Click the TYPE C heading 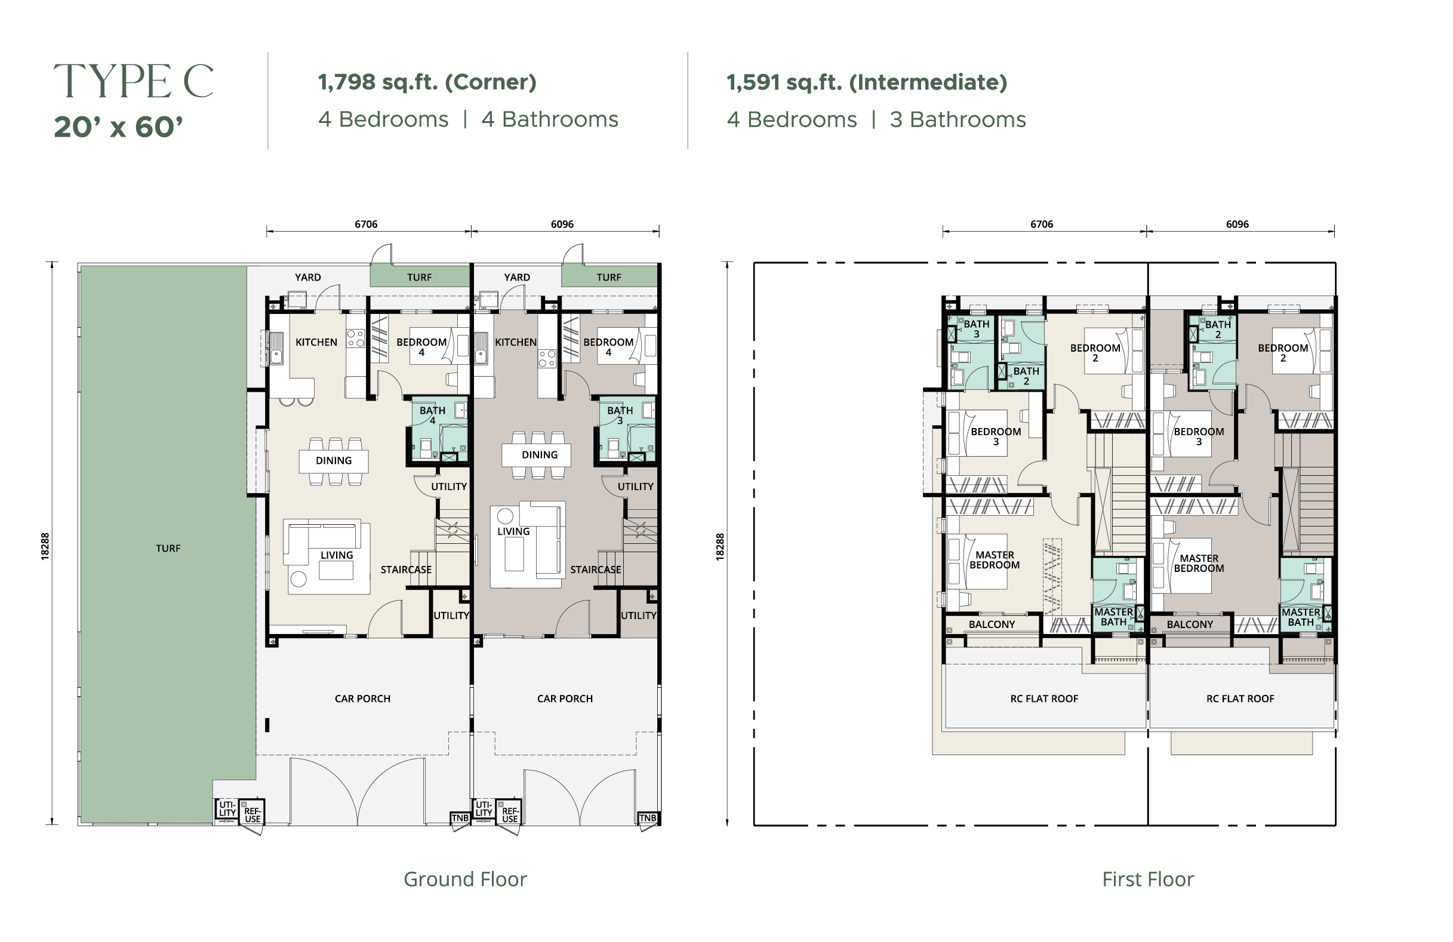[134, 81]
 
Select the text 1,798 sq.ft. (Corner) [427, 82]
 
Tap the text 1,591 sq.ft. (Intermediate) [867, 82]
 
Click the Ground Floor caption [465, 879]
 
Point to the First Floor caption [1148, 879]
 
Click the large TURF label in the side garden [168, 548]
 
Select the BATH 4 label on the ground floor [432, 415]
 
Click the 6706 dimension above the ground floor [367, 224]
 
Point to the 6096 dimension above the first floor [1237, 224]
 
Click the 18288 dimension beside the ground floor [45, 546]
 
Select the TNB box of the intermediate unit [648, 818]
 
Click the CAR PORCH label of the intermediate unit [565, 698]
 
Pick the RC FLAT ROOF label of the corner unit [1045, 698]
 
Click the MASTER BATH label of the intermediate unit [1301, 617]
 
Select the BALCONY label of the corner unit [992, 624]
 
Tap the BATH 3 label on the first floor [977, 329]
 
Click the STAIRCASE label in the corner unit [406, 569]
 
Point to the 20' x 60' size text [118, 127]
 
